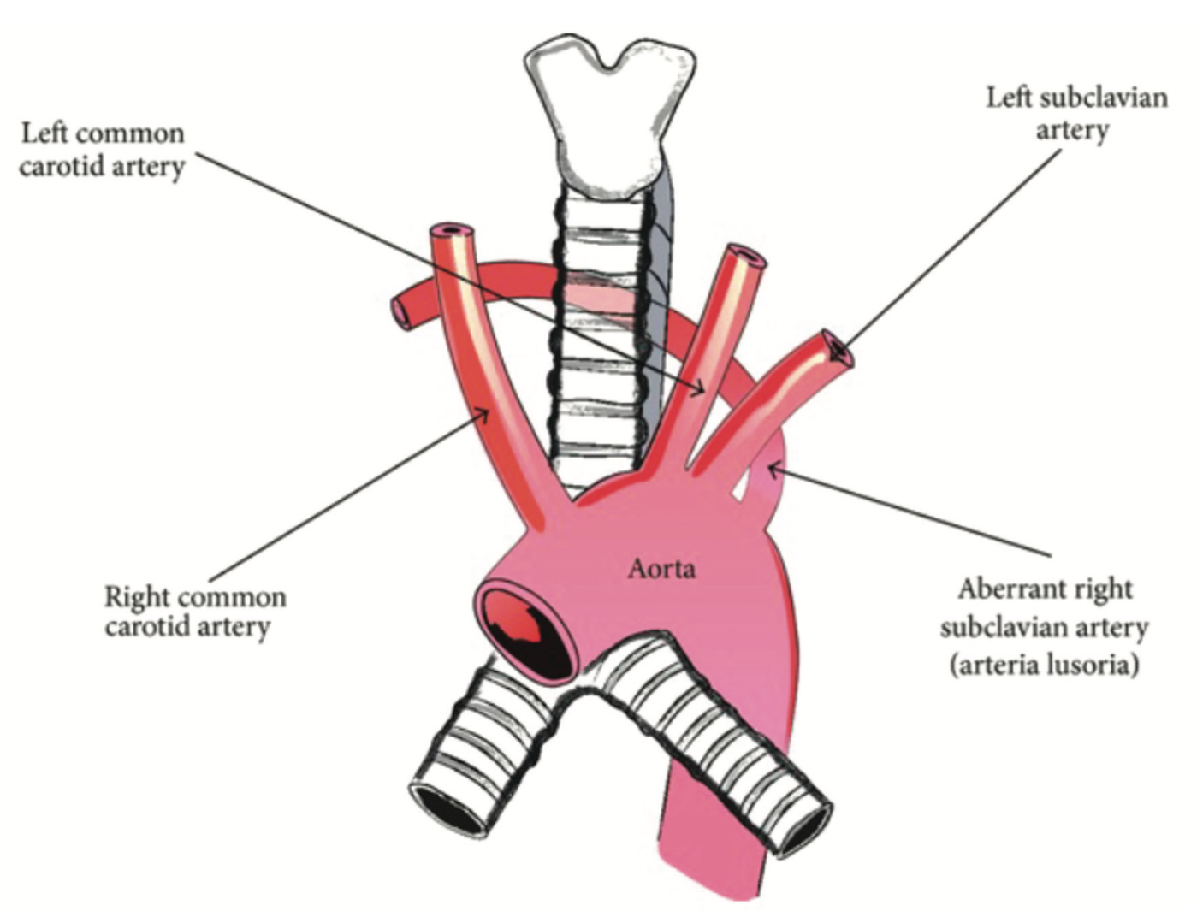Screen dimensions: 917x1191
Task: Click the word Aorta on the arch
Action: click(x=661, y=568)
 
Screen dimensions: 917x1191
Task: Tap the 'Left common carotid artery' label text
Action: click(x=102, y=150)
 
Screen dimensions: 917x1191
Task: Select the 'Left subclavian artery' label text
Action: click(x=1076, y=113)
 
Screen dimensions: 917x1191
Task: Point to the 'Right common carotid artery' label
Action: click(x=195, y=611)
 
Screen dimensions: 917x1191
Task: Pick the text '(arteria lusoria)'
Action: click(x=1044, y=664)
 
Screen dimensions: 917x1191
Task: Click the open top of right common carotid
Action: click(x=453, y=231)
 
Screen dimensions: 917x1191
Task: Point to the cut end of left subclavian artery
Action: click(x=836, y=349)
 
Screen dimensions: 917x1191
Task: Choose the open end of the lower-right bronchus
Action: click(x=804, y=827)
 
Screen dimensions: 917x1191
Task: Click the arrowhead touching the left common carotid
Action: click(x=699, y=389)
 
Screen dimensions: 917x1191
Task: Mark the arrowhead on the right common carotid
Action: click(x=485, y=414)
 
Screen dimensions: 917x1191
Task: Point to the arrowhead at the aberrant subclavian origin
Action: click(x=773, y=468)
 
